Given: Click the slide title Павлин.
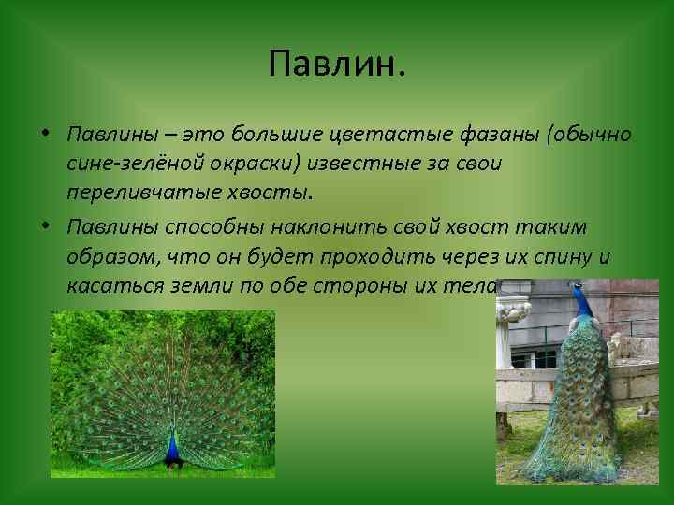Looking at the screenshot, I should click(337, 64).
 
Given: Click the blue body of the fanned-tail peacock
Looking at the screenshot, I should click(172, 449).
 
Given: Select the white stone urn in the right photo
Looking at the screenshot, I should click(512, 323).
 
